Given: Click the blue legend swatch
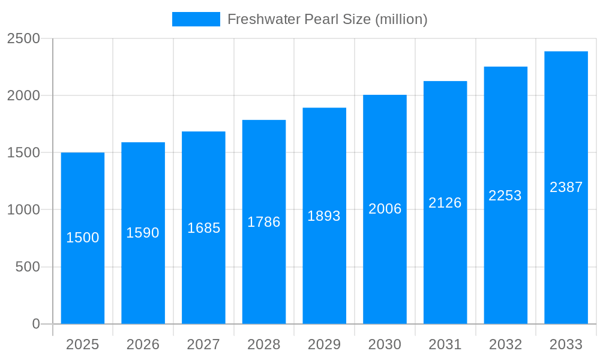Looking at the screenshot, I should (196, 19).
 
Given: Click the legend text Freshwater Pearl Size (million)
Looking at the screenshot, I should (327, 19).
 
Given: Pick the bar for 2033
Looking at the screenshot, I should (566, 252).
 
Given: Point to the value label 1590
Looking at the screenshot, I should (143, 233).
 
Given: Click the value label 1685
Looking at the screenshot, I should (203, 228).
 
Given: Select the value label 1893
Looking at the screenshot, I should (324, 216).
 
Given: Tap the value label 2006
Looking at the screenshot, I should (385, 209).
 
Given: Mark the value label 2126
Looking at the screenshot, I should (445, 203).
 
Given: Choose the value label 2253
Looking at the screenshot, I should (505, 196).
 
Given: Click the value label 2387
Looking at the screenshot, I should (566, 187).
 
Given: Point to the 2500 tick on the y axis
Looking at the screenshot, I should (23, 38).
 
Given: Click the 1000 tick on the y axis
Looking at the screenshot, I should (23, 210).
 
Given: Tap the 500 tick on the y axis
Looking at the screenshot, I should (28, 267).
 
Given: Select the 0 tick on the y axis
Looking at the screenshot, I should (35, 324).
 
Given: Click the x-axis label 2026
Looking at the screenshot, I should (143, 344).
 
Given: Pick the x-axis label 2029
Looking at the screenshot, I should (324, 344).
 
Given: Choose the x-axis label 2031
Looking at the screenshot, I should (445, 344).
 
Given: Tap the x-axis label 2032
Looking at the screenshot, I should (505, 344).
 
